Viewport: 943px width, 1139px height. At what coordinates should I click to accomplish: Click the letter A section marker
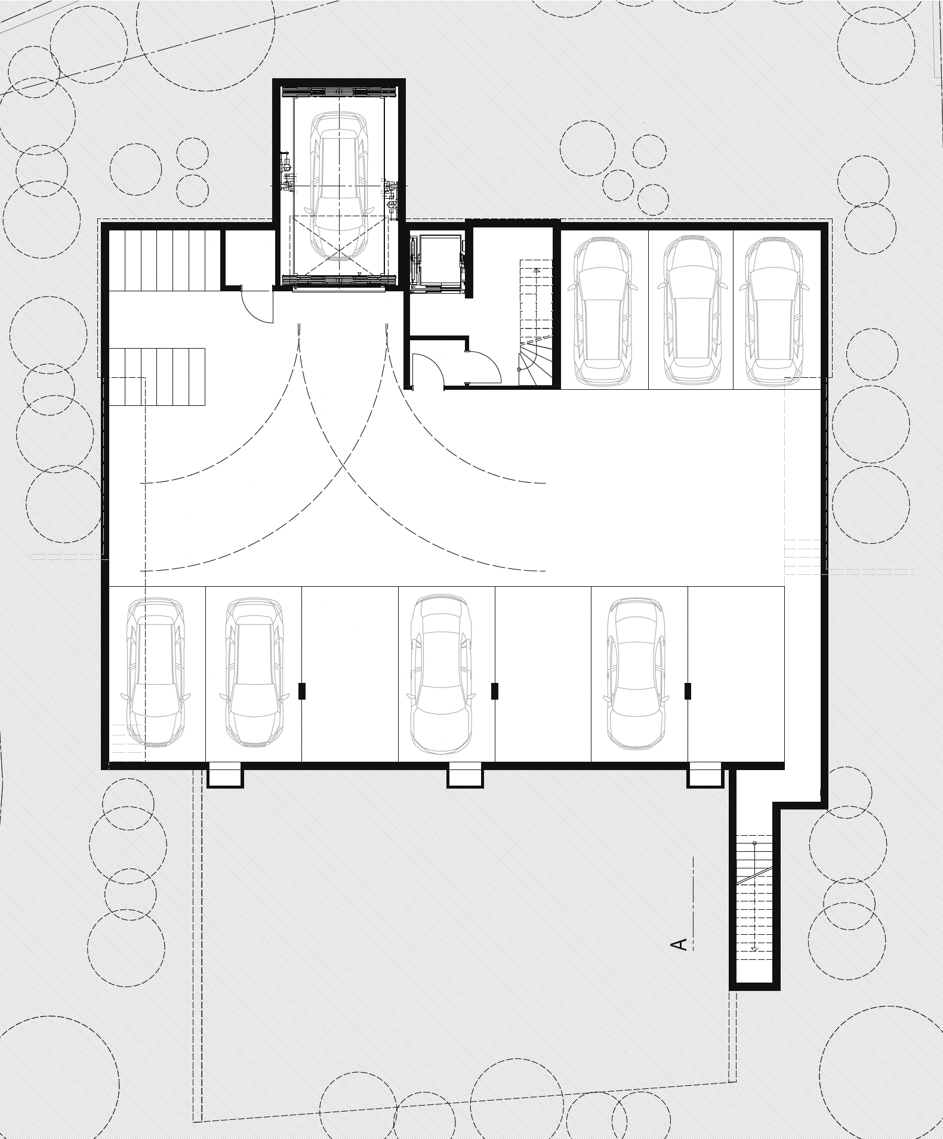pos(680,944)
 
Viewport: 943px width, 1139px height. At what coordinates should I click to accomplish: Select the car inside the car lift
pos(338,187)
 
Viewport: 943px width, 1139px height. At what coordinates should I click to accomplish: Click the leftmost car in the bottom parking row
pos(156,672)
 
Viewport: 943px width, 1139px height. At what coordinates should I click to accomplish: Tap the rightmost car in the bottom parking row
pos(636,673)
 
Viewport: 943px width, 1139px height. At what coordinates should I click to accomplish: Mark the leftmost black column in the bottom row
pos(302,691)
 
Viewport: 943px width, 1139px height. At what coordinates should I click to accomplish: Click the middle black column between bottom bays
pos(495,691)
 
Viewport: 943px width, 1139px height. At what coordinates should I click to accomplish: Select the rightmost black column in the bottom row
pos(688,691)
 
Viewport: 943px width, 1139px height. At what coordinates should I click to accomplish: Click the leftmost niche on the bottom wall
pos(224,775)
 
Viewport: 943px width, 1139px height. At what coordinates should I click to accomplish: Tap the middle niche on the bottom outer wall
pos(466,775)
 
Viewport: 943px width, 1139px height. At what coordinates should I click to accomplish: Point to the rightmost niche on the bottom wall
pos(705,775)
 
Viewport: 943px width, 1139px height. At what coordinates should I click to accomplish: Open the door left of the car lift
pos(257,304)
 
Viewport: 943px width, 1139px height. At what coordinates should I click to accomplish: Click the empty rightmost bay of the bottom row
pos(736,674)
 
